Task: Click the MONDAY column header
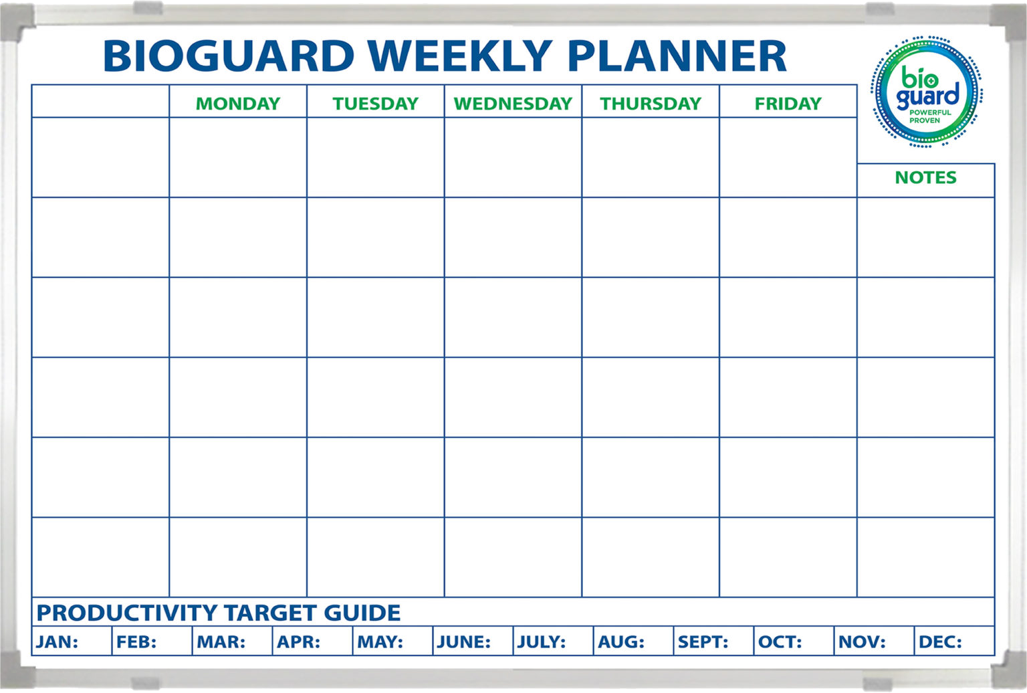click(x=238, y=104)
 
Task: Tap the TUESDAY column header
click(x=376, y=104)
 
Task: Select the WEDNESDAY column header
click(x=513, y=104)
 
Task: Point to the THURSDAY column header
click(x=651, y=104)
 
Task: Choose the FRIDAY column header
click(x=788, y=104)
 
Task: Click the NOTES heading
click(x=925, y=177)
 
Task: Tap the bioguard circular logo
click(x=926, y=92)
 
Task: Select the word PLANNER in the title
click(x=677, y=56)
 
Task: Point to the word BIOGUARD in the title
click(x=229, y=56)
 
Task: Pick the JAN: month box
click(x=72, y=641)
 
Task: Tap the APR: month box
click(x=313, y=641)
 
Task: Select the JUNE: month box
click(x=473, y=641)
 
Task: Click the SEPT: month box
click(x=714, y=641)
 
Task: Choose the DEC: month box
click(x=955, y=641)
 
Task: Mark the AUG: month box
click(x=634, y=641)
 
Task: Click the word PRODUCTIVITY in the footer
click(x=126, y=613)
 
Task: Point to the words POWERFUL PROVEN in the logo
click(x=930, y=116)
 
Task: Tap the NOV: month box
click(x=875, y=641)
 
